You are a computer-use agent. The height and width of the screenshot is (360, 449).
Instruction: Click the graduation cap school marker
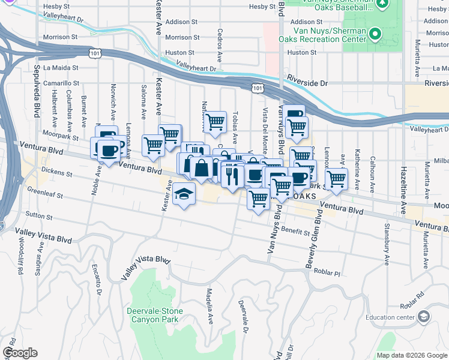(x=184, y=194)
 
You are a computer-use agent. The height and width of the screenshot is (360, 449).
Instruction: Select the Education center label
(x=390, y=317)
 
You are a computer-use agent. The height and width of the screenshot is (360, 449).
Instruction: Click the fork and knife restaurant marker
(x=231, y=175)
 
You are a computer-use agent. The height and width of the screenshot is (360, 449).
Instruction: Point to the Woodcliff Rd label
(x=20, y=258)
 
